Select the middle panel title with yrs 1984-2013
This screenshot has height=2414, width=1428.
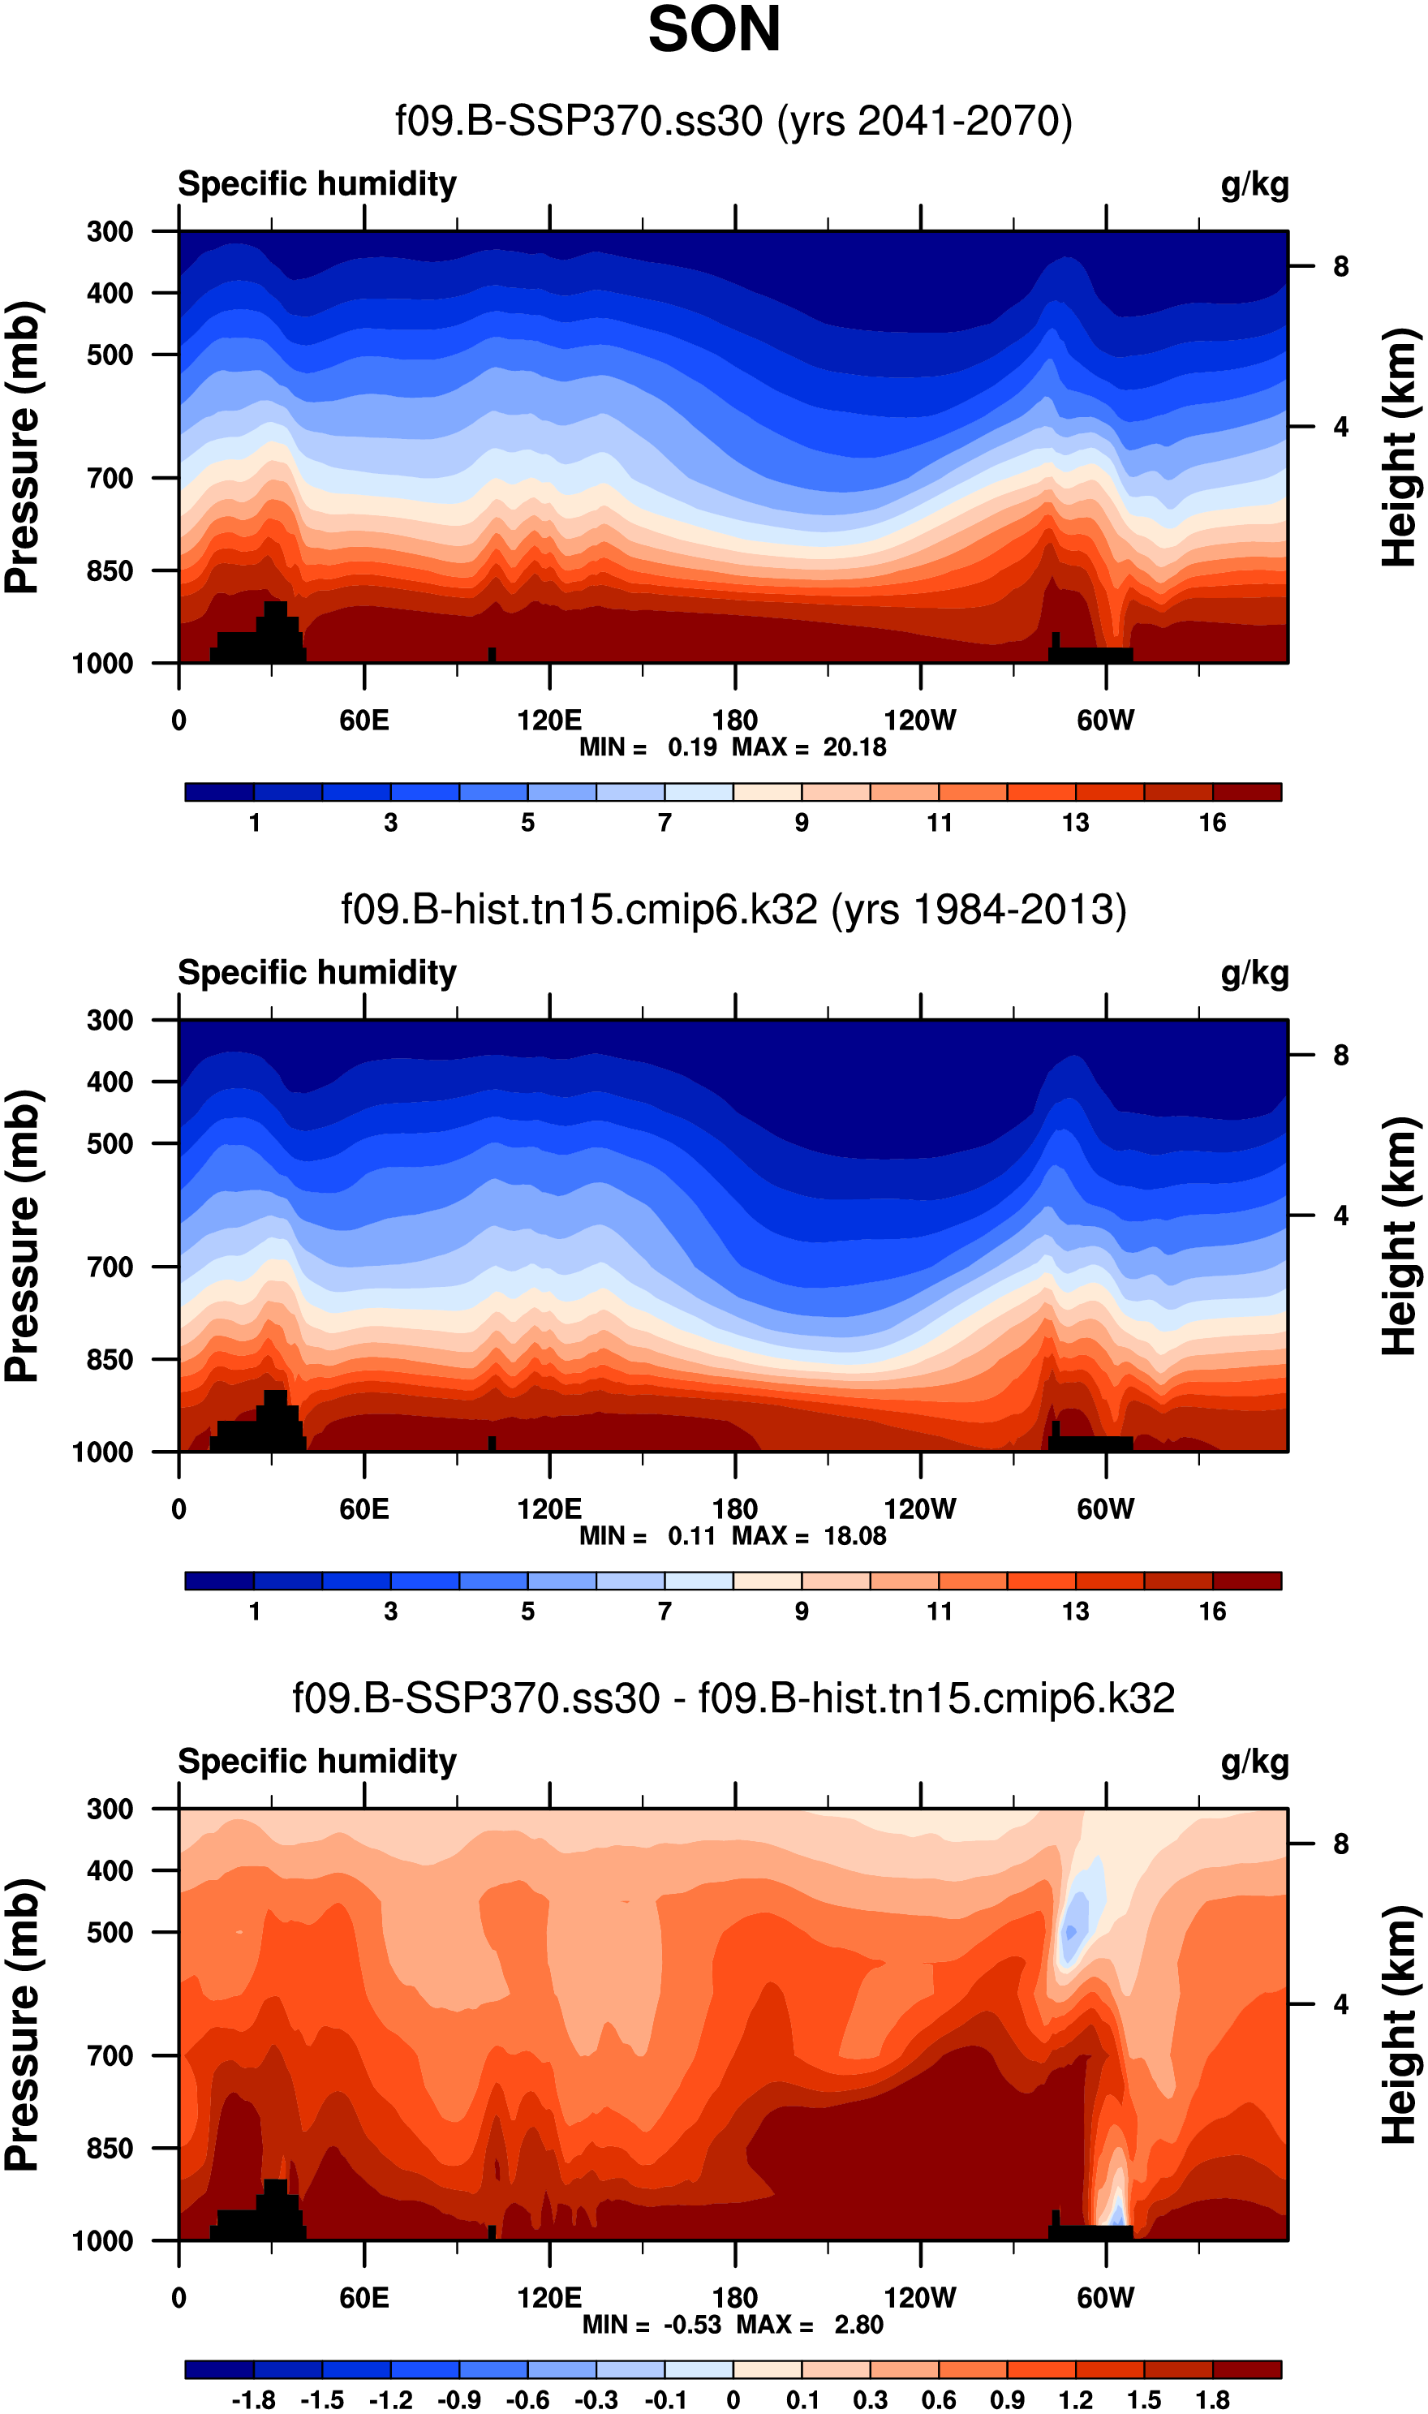tap(733, 910)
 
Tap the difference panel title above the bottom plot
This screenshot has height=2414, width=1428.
tap(733, 1698)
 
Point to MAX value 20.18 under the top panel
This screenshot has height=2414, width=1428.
tap(854, 747)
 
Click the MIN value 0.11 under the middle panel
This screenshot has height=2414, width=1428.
tap(692, 1535)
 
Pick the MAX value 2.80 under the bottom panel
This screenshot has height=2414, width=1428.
tap(858, 2324)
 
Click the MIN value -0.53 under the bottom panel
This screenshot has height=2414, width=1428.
tap(692, 2324)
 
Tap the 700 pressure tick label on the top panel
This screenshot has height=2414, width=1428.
tap(110, 478)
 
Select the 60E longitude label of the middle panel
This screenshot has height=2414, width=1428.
tap(363, 1508)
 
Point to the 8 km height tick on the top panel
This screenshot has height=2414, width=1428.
tap(1340, 266)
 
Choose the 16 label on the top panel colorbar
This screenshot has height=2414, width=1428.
tap(1212, 823)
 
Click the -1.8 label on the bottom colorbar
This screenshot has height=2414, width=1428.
tap(253, 2399)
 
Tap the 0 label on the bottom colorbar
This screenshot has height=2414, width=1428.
tap(733, 2399)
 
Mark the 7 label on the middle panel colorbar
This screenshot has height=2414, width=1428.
tap(665, 1611)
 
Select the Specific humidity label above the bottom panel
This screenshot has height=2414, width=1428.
tap(317, 1761)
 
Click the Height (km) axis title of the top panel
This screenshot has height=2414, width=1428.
tap(1400, 447)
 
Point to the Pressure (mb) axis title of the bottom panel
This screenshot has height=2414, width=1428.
tap(23, 2025)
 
